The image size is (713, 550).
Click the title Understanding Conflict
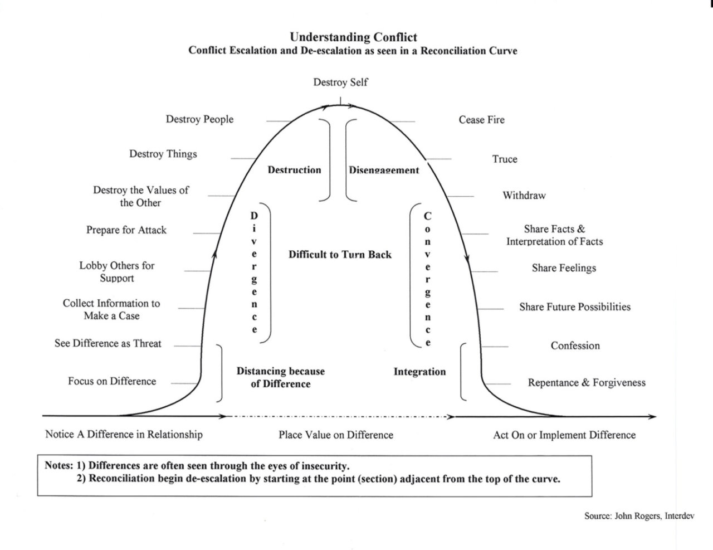[x=353, y=37]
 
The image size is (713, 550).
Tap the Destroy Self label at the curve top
[x=340, y=82]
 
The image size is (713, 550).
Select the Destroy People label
[x=199, y=119]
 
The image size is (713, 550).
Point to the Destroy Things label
[x=163, y=154]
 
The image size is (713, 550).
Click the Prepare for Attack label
[x=126, y=230]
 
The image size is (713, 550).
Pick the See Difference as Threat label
[x=108, y=343]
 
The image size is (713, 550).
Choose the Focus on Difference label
[x=112, y=381]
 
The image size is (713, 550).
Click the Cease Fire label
[x=481, y=120]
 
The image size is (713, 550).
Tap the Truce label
[x=505, y=159]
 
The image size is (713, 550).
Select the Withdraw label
[x=524, y=196]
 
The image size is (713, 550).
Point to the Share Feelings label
[x=564, y=268]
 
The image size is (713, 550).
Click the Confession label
[x=575, y=345]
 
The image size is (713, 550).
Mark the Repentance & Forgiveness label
[x=587, y=383]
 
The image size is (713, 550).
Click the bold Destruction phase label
[x=294, y=170]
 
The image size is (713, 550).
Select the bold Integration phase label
[x=419, y=372]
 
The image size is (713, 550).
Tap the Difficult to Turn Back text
[x=340, y=255]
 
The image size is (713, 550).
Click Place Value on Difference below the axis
[x=336, y=435]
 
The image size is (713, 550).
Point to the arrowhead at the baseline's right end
[x=652, y=417]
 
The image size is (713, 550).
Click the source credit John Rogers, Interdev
[x=639, y=516]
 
